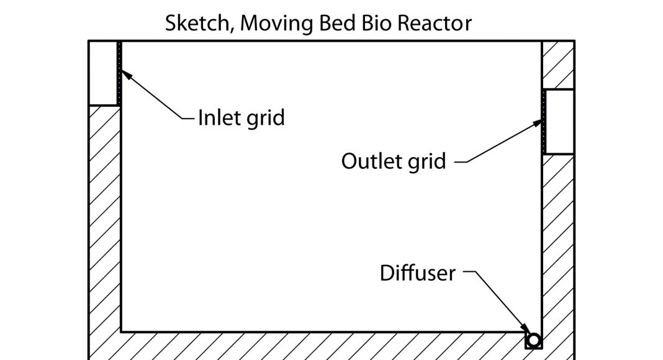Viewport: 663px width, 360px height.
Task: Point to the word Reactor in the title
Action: [x=438, y=24]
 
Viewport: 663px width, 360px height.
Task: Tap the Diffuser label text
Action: [x=417, y=273]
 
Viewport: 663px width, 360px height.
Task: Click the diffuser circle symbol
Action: [x=533, y=340]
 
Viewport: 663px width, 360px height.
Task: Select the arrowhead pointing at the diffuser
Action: [x=525, y=330]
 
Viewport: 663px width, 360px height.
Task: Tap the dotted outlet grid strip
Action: [x=544, y=122]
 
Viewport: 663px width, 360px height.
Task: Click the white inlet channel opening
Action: [x=103, y=73]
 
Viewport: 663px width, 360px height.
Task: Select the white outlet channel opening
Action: [x=559, y=122]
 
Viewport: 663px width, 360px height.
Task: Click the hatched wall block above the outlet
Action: [x=557, y=65]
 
